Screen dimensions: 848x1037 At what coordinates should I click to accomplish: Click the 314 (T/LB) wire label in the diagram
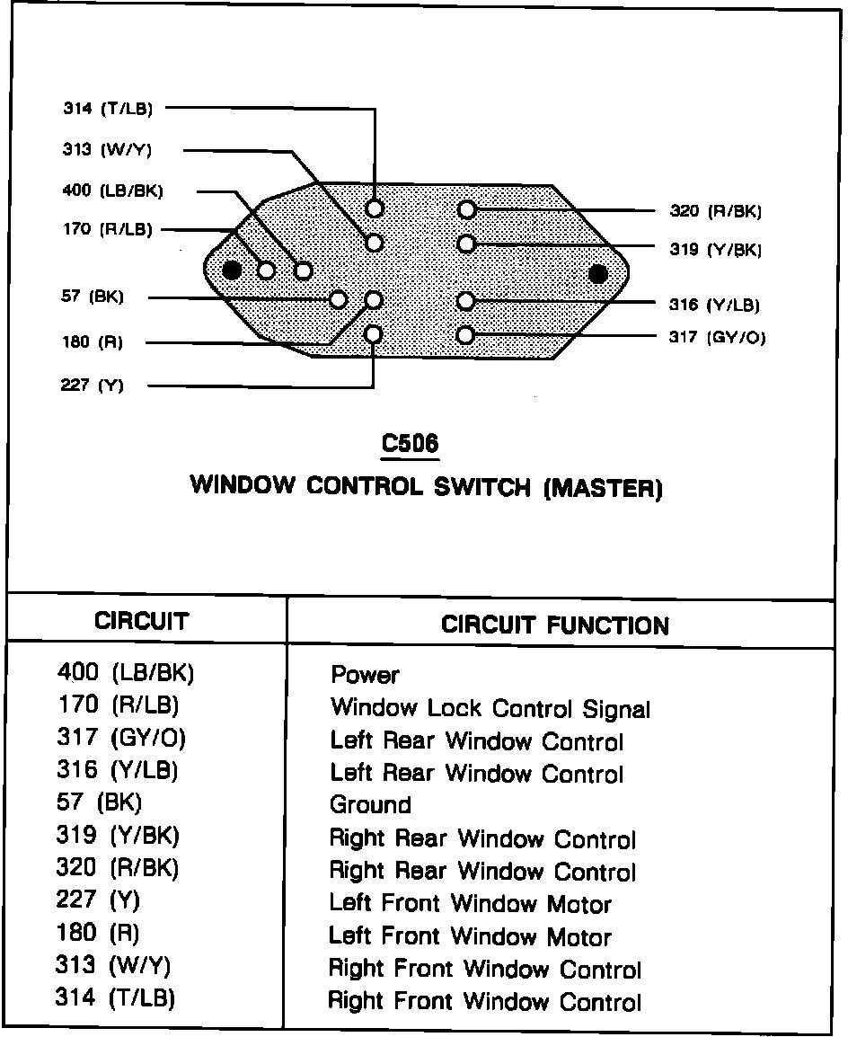[x=108, y=109]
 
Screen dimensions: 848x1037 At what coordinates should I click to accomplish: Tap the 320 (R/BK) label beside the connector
[x=715, y=211]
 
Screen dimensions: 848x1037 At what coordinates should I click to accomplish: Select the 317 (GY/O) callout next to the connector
[x=718, y=338]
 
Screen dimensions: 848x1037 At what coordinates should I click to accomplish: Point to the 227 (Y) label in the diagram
[x=93, y=386]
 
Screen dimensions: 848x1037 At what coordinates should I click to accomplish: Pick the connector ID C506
[x=410, y=443]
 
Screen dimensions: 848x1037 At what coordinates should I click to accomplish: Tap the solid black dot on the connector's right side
[x=597, y=273]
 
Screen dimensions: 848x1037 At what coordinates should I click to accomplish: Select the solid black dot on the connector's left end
[x=232, y=270]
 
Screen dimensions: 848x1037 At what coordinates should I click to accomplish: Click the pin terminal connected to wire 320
[x=465, y=209]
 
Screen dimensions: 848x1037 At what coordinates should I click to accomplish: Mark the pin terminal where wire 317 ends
[x=465, y=335]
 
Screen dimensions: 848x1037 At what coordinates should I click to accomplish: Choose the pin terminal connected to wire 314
[x=375, y=208]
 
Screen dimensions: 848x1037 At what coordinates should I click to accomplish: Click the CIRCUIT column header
[x=142, y=621]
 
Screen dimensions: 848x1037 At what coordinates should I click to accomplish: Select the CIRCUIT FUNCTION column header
[x=555, y=625]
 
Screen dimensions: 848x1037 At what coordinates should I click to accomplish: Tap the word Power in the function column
[x=365, y=675]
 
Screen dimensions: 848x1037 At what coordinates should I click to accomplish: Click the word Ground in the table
[x=370, y=804]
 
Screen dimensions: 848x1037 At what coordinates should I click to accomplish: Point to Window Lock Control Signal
[x=490, y=708]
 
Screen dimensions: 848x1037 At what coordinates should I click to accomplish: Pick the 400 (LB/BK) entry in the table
[x=126, y=672]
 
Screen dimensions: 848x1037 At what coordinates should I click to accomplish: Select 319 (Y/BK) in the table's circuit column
[x=118, y=836]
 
